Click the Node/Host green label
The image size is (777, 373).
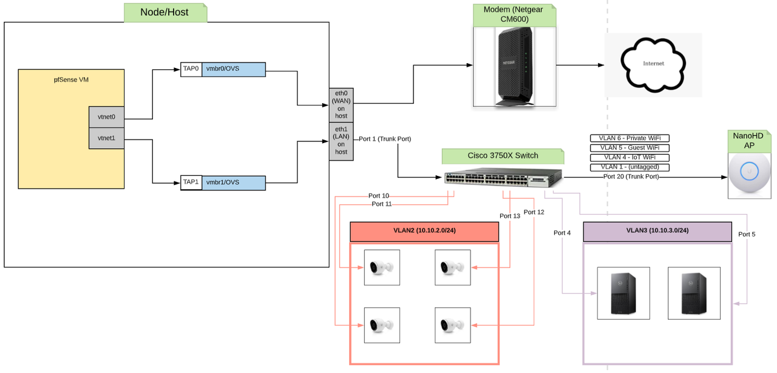(165, 12)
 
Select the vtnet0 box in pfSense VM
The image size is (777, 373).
(106, 117)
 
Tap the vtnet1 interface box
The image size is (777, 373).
(106, 138)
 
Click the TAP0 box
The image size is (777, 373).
(191, 69)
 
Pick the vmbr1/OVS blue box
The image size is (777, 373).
(234, 183)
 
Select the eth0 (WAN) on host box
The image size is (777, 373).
(341, 104)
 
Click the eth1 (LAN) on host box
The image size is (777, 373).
(341, 141)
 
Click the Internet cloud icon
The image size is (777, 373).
(653, 64)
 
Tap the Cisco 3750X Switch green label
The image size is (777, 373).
(503, 156)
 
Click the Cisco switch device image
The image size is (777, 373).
(503, 178)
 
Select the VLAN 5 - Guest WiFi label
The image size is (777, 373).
(629, 148)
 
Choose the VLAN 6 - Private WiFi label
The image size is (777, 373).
(629, 138)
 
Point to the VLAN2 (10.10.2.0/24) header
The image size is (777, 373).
(424, 231)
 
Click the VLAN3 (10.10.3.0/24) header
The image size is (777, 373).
(657, 231)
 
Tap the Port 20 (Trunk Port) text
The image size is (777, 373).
(631, 176)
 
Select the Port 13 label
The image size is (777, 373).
(509, 216)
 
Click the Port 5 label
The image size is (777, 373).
(747, 234)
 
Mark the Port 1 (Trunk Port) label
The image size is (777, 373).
(385, 139)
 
